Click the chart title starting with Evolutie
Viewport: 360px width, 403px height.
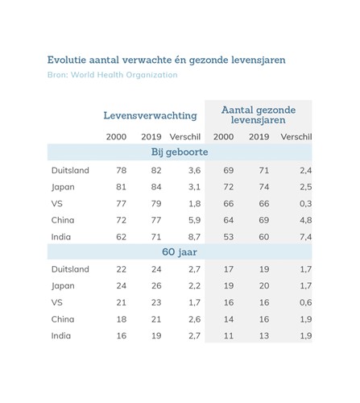pyautogui.click(x=166, y=60)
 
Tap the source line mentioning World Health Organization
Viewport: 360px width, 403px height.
pyautogui.click(x=113, y=75)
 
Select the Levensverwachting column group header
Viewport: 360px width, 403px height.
pyautogui.click(x=150, y=115)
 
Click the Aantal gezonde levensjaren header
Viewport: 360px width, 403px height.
pyautogui.click(x=259, y=114)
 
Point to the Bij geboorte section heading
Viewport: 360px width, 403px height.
pyautogui.click(x=180, y=152)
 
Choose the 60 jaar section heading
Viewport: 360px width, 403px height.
pyautogui.click(x=180, y=252)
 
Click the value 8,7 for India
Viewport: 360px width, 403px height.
pyautogui.click(x=194, y=237)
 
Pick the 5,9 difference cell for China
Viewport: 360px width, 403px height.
pyautogui.click(x=194, y=220)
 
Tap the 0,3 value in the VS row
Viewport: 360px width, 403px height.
pyautogui.click(x=306, y=204)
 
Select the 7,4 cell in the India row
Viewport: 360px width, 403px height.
pyautogui.click(x=306, y=237)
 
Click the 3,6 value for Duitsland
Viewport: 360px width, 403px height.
pyautogui.click(x=194, y=170)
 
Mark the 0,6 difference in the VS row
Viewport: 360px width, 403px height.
pyautogui.click(x=306, y=302)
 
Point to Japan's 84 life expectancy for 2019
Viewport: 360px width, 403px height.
pyautogui.click(x=156, y=187)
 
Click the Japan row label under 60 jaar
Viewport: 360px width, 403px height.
pyautogui.click(x=63, y=286)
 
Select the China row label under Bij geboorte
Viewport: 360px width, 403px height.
pyautogui.click(x=63, y=220)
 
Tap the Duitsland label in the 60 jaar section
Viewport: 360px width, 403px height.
pyautogui.click(x=70, y=269)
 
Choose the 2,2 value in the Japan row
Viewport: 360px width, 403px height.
pyautogui.click(x=194, y=286)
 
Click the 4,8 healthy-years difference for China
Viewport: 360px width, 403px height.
pyautogui.click(x=306, y=220)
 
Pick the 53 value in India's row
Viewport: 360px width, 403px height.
pyautogui.click(x=229, y=237)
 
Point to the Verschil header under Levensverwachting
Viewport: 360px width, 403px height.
pyautogui.click(x=185, y=137)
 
